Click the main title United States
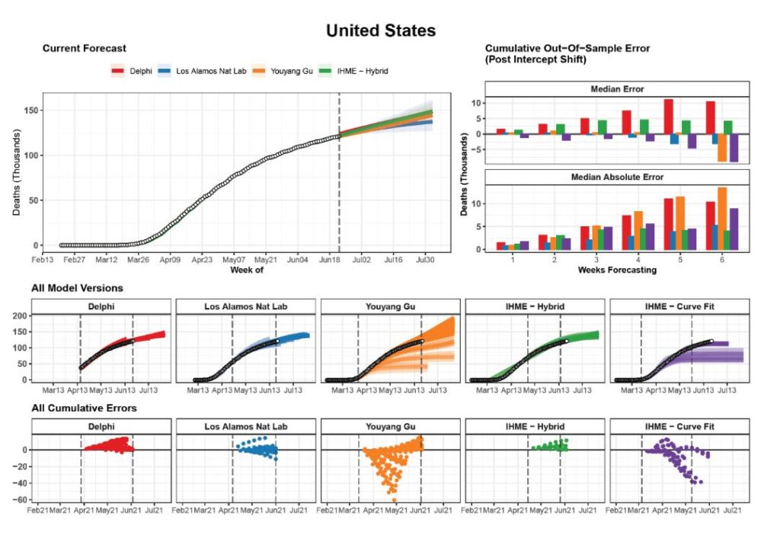click(x=380, y=30)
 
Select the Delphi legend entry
click(x=133, y=71)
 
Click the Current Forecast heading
click(x=84, y=49)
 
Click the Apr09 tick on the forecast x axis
click(x=169, y=260)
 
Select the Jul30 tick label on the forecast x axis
click(x=425, y=260)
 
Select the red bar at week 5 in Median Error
click(x=668, y=117)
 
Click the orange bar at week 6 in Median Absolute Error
click(x=722, y=219)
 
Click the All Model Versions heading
click(x=77, y=288)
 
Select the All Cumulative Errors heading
click(x=84, y=408)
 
